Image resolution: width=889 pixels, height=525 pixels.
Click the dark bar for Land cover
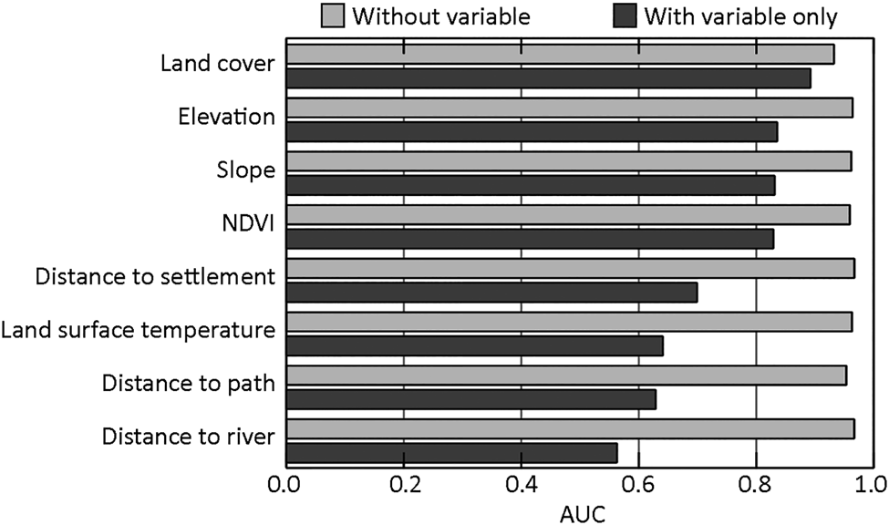[x=548, y=79]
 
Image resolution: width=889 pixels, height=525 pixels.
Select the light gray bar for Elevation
[x=569, y=108]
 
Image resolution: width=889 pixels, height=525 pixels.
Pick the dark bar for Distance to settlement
[x=491, y=293]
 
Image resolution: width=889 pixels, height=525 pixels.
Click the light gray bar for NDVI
[x=567, y=215]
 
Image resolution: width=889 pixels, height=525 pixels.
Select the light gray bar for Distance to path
[x=565, y=376]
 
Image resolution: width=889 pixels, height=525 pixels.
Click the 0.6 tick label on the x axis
[x=638, y=482]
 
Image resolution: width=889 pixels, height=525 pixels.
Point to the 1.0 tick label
[x=872, y=482]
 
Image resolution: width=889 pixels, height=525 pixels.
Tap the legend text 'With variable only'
[x=740, y=17]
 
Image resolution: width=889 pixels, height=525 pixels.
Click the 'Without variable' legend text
[x=441, y=17]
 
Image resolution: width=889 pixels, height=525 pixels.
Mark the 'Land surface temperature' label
[x=138, y=330]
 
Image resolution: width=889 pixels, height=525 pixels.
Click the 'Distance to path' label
[x=188, y=383]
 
